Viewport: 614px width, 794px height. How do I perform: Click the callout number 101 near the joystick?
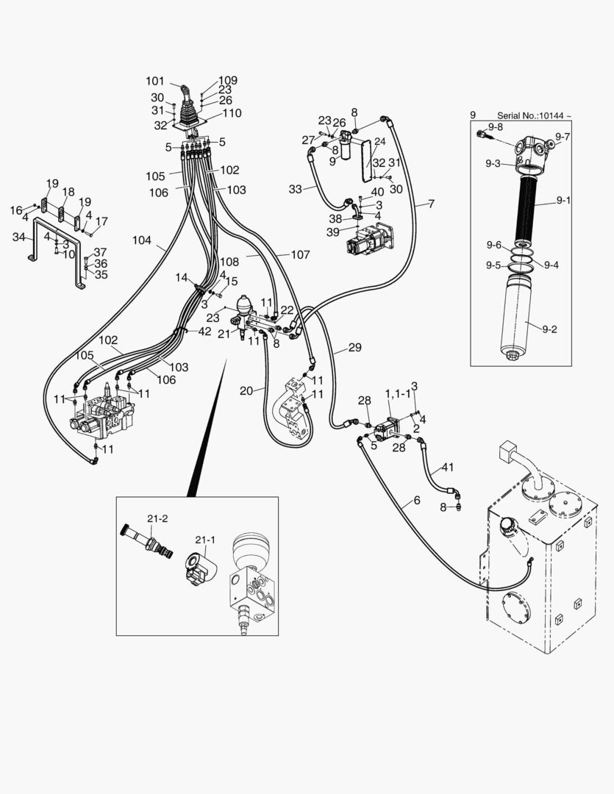[x=155, y=81]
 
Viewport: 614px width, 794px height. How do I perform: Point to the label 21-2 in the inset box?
[x=157, y=518]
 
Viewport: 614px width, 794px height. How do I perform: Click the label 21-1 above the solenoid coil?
[x=205, y=540]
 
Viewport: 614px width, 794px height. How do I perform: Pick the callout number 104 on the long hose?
[x=142, y=240]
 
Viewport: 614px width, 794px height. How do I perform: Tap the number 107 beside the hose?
[x=300, y=255]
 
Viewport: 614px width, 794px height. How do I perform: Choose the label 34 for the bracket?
[x=20, y=237]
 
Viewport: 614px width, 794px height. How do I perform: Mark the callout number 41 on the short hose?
[x=448, y=467]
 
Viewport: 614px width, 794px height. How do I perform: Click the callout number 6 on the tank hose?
[x=417, y=501]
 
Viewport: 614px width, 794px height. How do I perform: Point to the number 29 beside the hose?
[x=355, y=348]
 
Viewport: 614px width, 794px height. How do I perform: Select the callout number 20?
[x=246, y=390]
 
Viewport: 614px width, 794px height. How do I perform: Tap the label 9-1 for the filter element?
[x=563, y=200]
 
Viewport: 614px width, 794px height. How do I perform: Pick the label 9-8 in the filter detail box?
[x=496, y=127]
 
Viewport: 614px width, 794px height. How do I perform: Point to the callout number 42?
[x=204, y=332]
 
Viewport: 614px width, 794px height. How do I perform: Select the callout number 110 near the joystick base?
[x=232, y=113]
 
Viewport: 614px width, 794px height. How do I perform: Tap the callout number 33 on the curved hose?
[x=296, y=189]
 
